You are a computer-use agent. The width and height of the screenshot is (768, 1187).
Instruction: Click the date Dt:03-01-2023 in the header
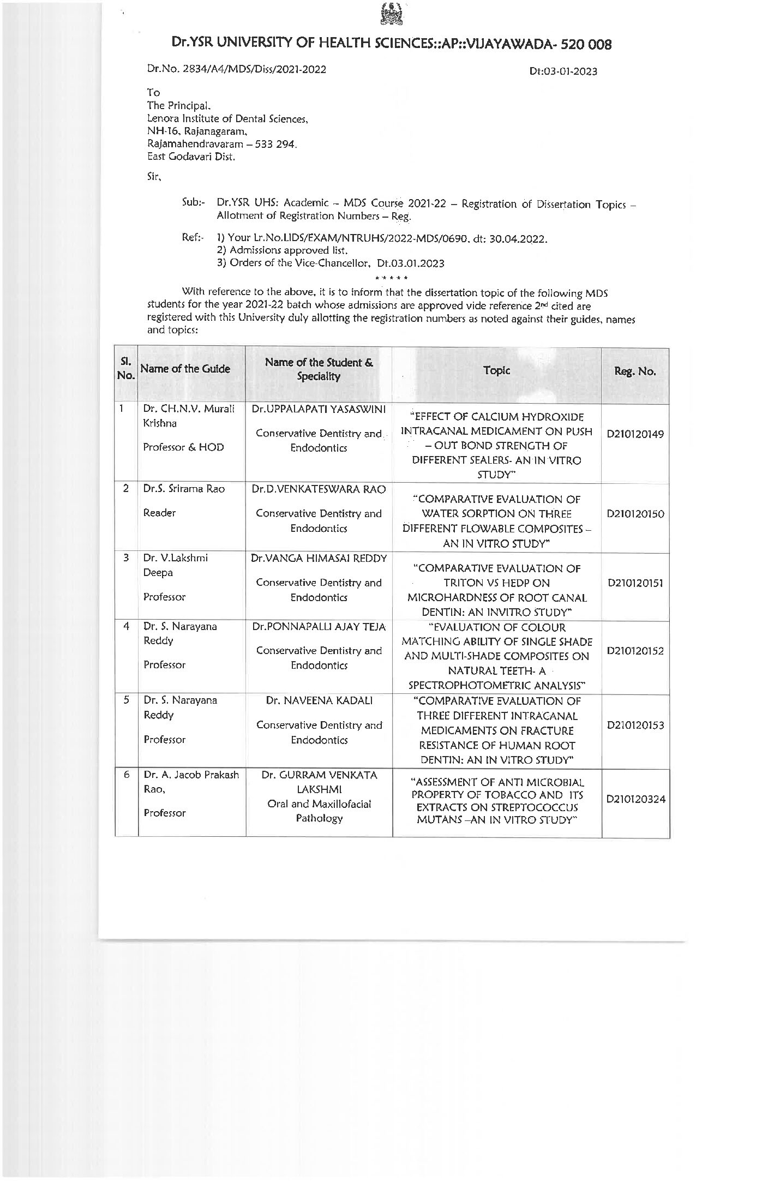coord(563,71)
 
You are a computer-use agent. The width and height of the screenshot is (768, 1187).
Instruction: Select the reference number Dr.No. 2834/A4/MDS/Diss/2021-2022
coord(236,69)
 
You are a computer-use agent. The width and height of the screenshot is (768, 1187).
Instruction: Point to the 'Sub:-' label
coord(193,203)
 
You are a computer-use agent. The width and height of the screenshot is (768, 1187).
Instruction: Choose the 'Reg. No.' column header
coord(635,371)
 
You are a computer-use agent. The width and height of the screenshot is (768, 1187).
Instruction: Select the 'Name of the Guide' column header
coord(185,369)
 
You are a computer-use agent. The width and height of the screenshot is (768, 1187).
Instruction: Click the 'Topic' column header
coord(496,370)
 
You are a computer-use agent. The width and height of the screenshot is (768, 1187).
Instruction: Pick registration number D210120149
coord(635,434)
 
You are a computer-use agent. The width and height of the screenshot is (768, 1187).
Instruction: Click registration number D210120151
coord(635,583)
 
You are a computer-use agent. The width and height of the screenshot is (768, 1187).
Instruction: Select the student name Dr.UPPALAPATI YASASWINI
coord(319,409)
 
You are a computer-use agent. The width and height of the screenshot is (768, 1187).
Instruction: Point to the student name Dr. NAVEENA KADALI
coord(319,700)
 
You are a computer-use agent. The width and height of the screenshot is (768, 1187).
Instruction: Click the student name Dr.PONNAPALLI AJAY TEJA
coord(319,627)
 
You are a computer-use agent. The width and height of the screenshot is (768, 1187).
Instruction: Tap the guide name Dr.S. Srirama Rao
coord(184,489)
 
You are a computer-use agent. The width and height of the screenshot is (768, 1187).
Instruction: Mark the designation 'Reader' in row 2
coord(159,513)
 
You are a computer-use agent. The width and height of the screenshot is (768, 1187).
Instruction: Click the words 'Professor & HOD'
coord(183,447)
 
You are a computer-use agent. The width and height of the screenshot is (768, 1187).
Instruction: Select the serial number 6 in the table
coord(126,775)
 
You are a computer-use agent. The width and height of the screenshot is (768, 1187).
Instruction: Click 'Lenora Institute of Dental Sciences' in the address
coord(228,118)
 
